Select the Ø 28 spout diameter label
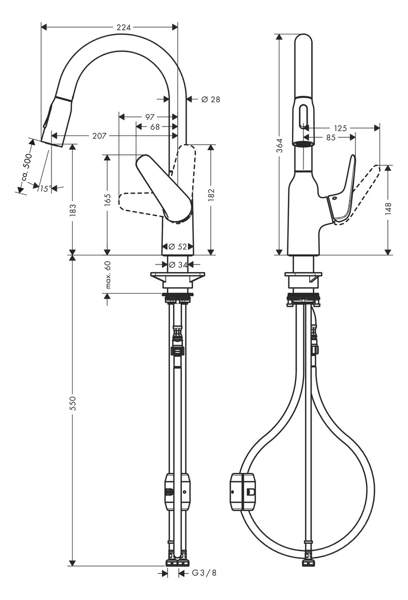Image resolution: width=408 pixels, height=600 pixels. [210, 99]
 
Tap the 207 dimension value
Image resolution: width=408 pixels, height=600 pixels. [99, 136]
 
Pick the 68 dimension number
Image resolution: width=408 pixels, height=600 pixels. [155, 127]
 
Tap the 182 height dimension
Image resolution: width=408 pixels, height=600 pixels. [211, 194]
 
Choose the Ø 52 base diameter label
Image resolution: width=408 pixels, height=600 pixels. [178, 246]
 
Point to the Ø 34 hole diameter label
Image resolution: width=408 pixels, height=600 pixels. [178, 264]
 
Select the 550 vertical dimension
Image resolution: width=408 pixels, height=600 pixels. [73, 403]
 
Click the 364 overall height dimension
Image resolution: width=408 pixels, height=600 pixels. [279, 146]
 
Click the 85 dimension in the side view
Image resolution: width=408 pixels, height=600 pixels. [330, 137]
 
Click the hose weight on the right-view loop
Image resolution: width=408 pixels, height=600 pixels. [243, 492]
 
